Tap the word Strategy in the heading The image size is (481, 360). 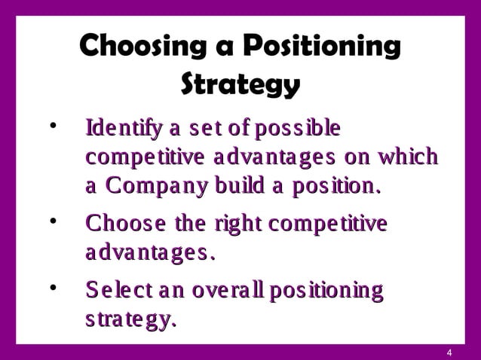(x=240, y=84)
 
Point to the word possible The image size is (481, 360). (x=297, y=129)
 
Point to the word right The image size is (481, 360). (x=234, y=225)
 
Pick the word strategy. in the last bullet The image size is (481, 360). (x=131, y=319)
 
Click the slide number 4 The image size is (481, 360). (x=449, y=353)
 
